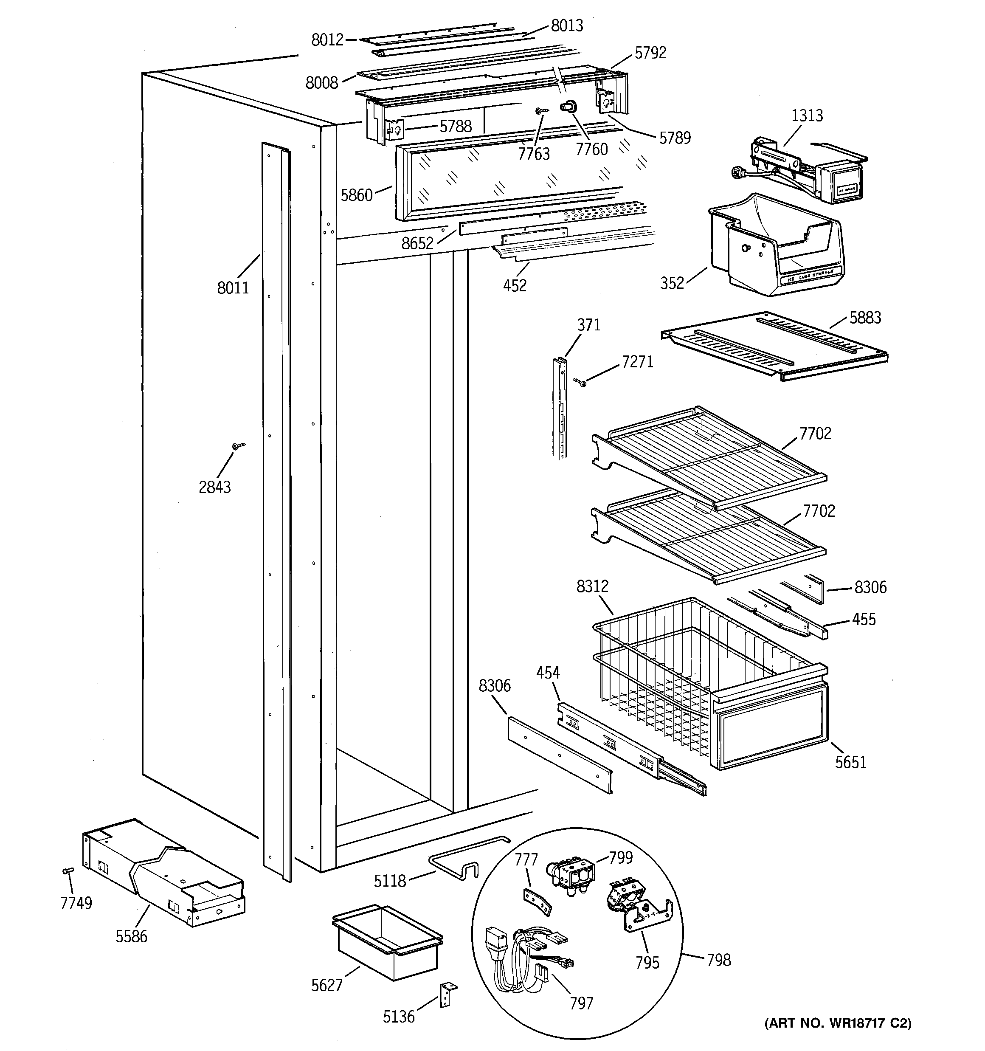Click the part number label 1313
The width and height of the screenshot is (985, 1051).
pyautogui.click(x=807, y=115)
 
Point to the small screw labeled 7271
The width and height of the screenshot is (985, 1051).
pyautogui.click(x=580, y=381)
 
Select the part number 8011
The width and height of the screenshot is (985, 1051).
pyautogui.click(x=233, y=288)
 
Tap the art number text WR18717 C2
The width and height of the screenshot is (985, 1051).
pyautogui.click(x=838, y=1023)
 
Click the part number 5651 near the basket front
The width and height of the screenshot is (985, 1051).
pyautogui.click(x=850, y=762)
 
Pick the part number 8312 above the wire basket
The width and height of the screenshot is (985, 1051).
pyautogui.click(x=592, y=586)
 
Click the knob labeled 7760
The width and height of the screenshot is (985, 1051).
pyautogui.click(x=569, y=108)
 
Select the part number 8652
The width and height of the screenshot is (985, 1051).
pyautogui.click(x=417, y=243)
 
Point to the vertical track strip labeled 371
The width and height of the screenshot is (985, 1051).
pyautogui.click(x=560, y=407)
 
